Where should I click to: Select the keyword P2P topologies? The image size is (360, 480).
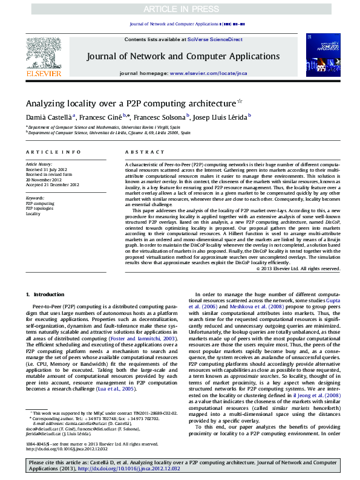coord(39,209)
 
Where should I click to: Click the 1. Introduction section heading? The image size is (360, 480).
coord(45,294)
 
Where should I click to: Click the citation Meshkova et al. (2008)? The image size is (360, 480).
coord(249,307)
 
